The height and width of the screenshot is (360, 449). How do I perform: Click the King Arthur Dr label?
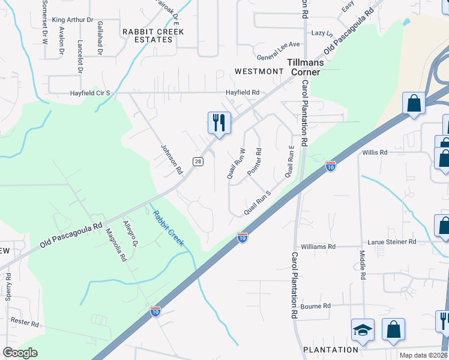point(73,20)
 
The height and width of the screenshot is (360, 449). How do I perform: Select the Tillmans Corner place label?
point(305,67)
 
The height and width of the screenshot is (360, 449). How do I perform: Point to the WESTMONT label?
point(259,71)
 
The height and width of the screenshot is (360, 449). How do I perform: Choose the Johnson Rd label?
point(172,158)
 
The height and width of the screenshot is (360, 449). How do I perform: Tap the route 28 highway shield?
point(197,161)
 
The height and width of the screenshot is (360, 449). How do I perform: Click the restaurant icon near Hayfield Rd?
point(219,122)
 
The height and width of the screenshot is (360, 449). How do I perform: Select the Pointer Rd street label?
point(253,162)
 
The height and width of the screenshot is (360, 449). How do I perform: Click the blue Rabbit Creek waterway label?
point(168,229)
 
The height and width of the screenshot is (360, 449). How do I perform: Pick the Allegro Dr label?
point(130,233)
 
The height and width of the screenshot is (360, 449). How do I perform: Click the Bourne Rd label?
point(316,306)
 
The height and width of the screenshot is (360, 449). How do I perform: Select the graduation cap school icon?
point(363,329)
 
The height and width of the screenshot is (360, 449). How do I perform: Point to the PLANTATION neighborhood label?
point(331,350)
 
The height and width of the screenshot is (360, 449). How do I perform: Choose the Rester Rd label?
point(25,323)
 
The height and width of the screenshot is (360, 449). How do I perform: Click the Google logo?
point(20,353)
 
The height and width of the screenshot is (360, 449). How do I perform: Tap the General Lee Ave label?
point(278,44)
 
